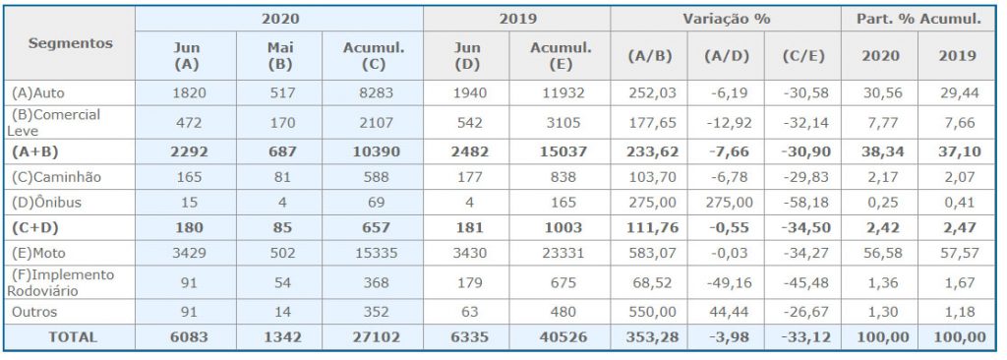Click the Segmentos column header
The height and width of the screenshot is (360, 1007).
(x=71, y=43)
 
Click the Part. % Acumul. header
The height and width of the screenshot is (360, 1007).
(x=918, y=19)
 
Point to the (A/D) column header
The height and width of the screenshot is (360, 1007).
(x=726, y=56)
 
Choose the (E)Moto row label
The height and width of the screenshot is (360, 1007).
(x=38, y=253)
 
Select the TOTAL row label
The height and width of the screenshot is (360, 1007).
(x=71, y=336)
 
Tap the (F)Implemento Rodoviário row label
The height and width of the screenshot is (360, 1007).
(x=62, y=283)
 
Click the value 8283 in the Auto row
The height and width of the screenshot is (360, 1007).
(x=373, y=92)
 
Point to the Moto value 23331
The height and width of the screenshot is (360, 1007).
(x=560, y=253)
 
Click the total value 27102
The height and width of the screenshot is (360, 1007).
(x=373, y=336)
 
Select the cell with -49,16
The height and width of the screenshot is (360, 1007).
(x=726, y=283)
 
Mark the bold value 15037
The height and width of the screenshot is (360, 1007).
(x=560, y=151)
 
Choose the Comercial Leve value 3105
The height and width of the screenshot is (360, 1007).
(x=560, y=122)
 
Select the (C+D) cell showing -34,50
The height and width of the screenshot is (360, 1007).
(x=802, y=227)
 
